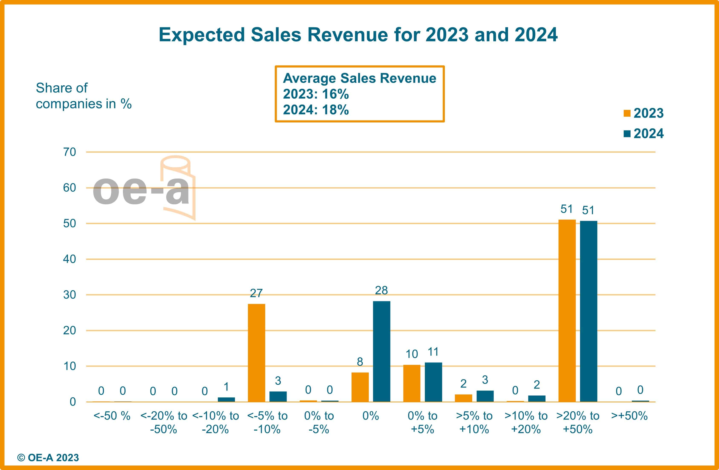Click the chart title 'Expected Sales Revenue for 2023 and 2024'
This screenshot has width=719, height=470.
358,34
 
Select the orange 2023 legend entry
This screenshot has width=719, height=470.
644,113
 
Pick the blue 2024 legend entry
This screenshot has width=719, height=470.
644,134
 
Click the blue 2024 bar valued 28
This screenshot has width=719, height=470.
382,351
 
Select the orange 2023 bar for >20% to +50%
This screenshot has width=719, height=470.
567,311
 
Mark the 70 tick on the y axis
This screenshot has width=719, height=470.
69,152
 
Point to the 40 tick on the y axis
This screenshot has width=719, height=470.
69,259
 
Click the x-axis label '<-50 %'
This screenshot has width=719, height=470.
112,416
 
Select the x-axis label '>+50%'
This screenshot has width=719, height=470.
629,416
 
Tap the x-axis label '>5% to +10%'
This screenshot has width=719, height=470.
474,422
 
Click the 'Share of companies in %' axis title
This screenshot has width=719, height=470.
83,96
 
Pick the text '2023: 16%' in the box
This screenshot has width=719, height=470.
316,94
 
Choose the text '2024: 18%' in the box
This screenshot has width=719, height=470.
316,110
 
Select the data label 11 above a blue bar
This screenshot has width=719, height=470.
433,352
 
